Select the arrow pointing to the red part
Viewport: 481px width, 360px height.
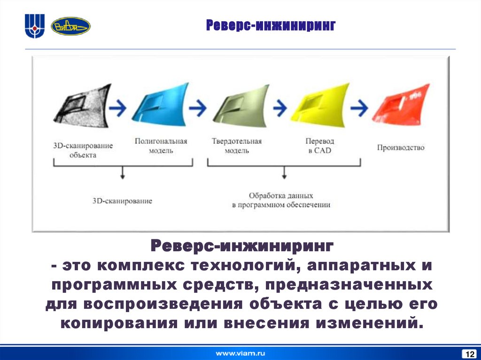point(360,107)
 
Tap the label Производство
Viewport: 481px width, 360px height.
point(401,147)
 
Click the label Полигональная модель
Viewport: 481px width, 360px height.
point(161,146)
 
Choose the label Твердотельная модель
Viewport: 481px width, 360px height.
point(236,146)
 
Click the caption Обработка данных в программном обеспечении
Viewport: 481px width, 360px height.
point(281,200)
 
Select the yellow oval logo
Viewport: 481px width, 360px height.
point(70,26)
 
